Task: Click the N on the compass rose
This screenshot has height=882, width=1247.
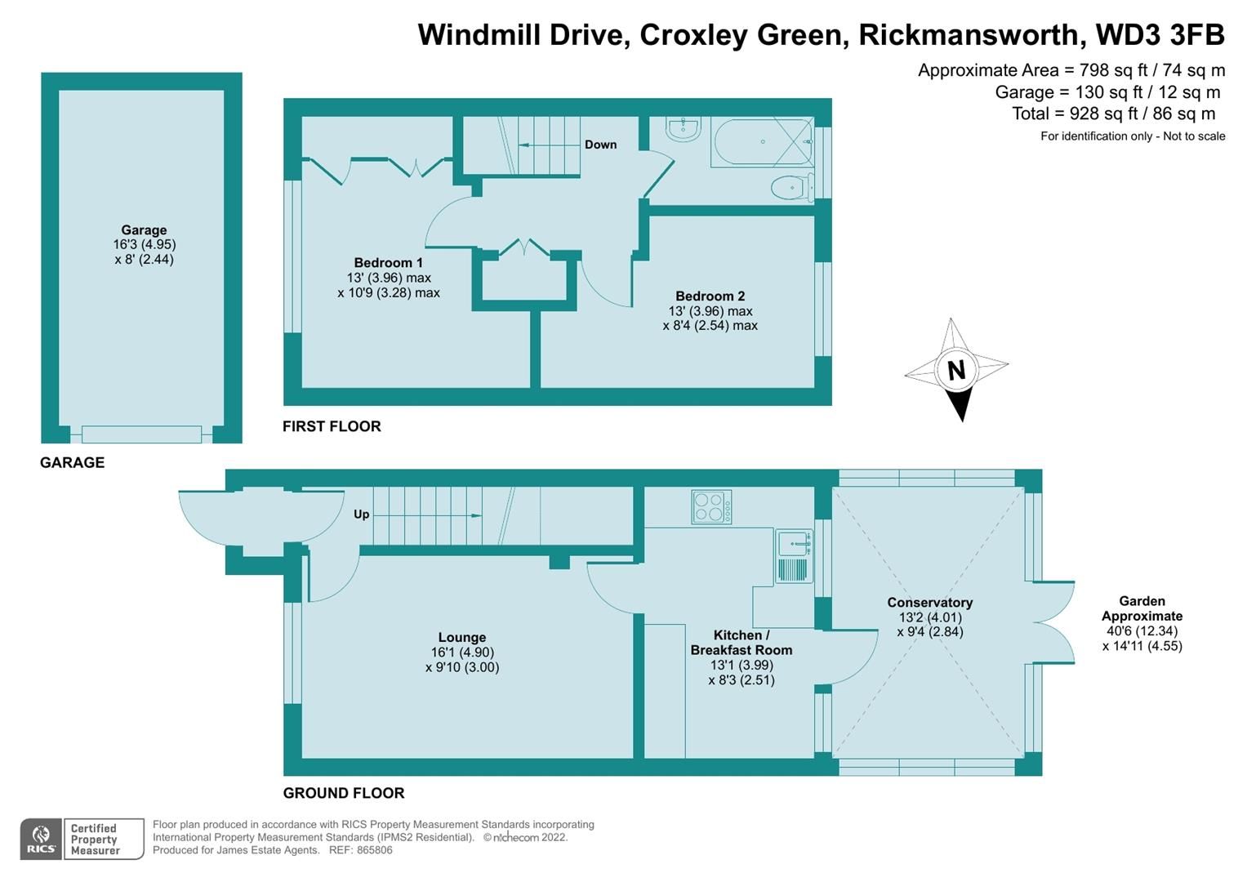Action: point(955,370)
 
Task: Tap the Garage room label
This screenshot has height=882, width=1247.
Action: point(144,230)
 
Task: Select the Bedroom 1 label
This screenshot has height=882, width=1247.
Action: point(388,263)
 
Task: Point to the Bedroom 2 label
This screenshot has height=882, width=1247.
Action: point(710,296)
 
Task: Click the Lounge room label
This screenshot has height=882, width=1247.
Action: point(461,638)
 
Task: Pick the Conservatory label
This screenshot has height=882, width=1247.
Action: point(929,603)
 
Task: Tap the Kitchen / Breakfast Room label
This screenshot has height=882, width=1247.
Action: point(741,643)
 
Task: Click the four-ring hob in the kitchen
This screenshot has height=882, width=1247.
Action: point(711,506)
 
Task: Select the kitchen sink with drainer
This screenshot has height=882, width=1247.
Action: point(794,556)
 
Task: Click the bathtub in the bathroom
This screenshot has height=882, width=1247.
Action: point(761,143)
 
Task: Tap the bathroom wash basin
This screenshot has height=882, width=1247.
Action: point(682,129)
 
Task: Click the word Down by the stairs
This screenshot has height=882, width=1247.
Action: point(600,145)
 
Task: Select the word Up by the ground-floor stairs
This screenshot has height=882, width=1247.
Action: point(361,514)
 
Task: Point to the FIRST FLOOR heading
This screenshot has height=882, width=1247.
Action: point(332,426)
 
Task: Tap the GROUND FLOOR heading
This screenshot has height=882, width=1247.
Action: point(343,793)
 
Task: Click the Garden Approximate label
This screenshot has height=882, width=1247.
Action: point(1142,608)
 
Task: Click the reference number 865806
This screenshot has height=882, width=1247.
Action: point(372,850)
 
